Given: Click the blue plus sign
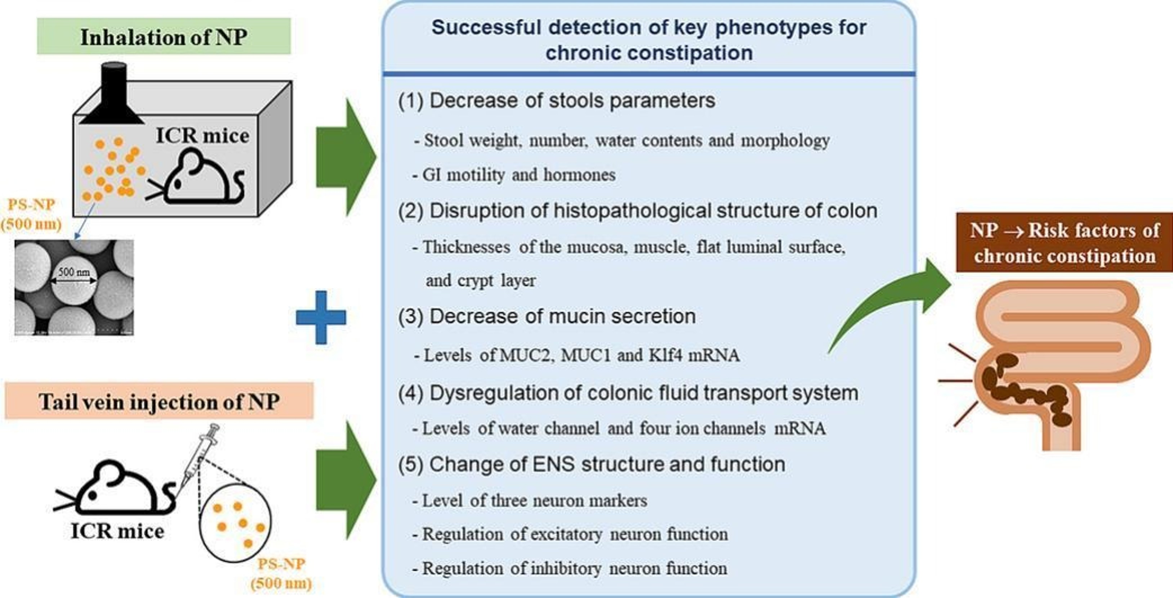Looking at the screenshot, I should point(321,317).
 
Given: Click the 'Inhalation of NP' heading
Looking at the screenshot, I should point(164,37).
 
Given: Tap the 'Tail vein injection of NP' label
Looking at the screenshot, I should point(159,401).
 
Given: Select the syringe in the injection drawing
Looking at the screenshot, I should point(201,453).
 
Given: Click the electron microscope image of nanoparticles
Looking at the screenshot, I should point(74,287).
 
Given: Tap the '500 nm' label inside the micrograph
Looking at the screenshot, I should point(74,272).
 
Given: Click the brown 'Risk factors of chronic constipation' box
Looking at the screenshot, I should point(1064,243).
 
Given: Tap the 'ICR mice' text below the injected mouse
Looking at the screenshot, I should point(117,531).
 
